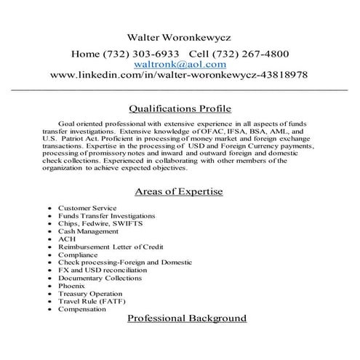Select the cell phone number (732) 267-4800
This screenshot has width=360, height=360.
249,54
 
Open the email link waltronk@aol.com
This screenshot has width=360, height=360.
180,64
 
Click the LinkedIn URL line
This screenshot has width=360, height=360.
180,75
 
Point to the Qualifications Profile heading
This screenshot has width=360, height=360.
180,109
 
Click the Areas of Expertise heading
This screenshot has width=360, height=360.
180,192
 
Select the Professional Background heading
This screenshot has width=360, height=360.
187,319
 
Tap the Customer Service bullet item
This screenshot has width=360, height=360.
87,209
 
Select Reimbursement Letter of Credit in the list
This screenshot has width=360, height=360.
106,247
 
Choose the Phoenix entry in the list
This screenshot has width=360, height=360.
71,286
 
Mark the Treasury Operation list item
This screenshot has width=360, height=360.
88,294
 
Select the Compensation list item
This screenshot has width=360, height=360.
81,309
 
